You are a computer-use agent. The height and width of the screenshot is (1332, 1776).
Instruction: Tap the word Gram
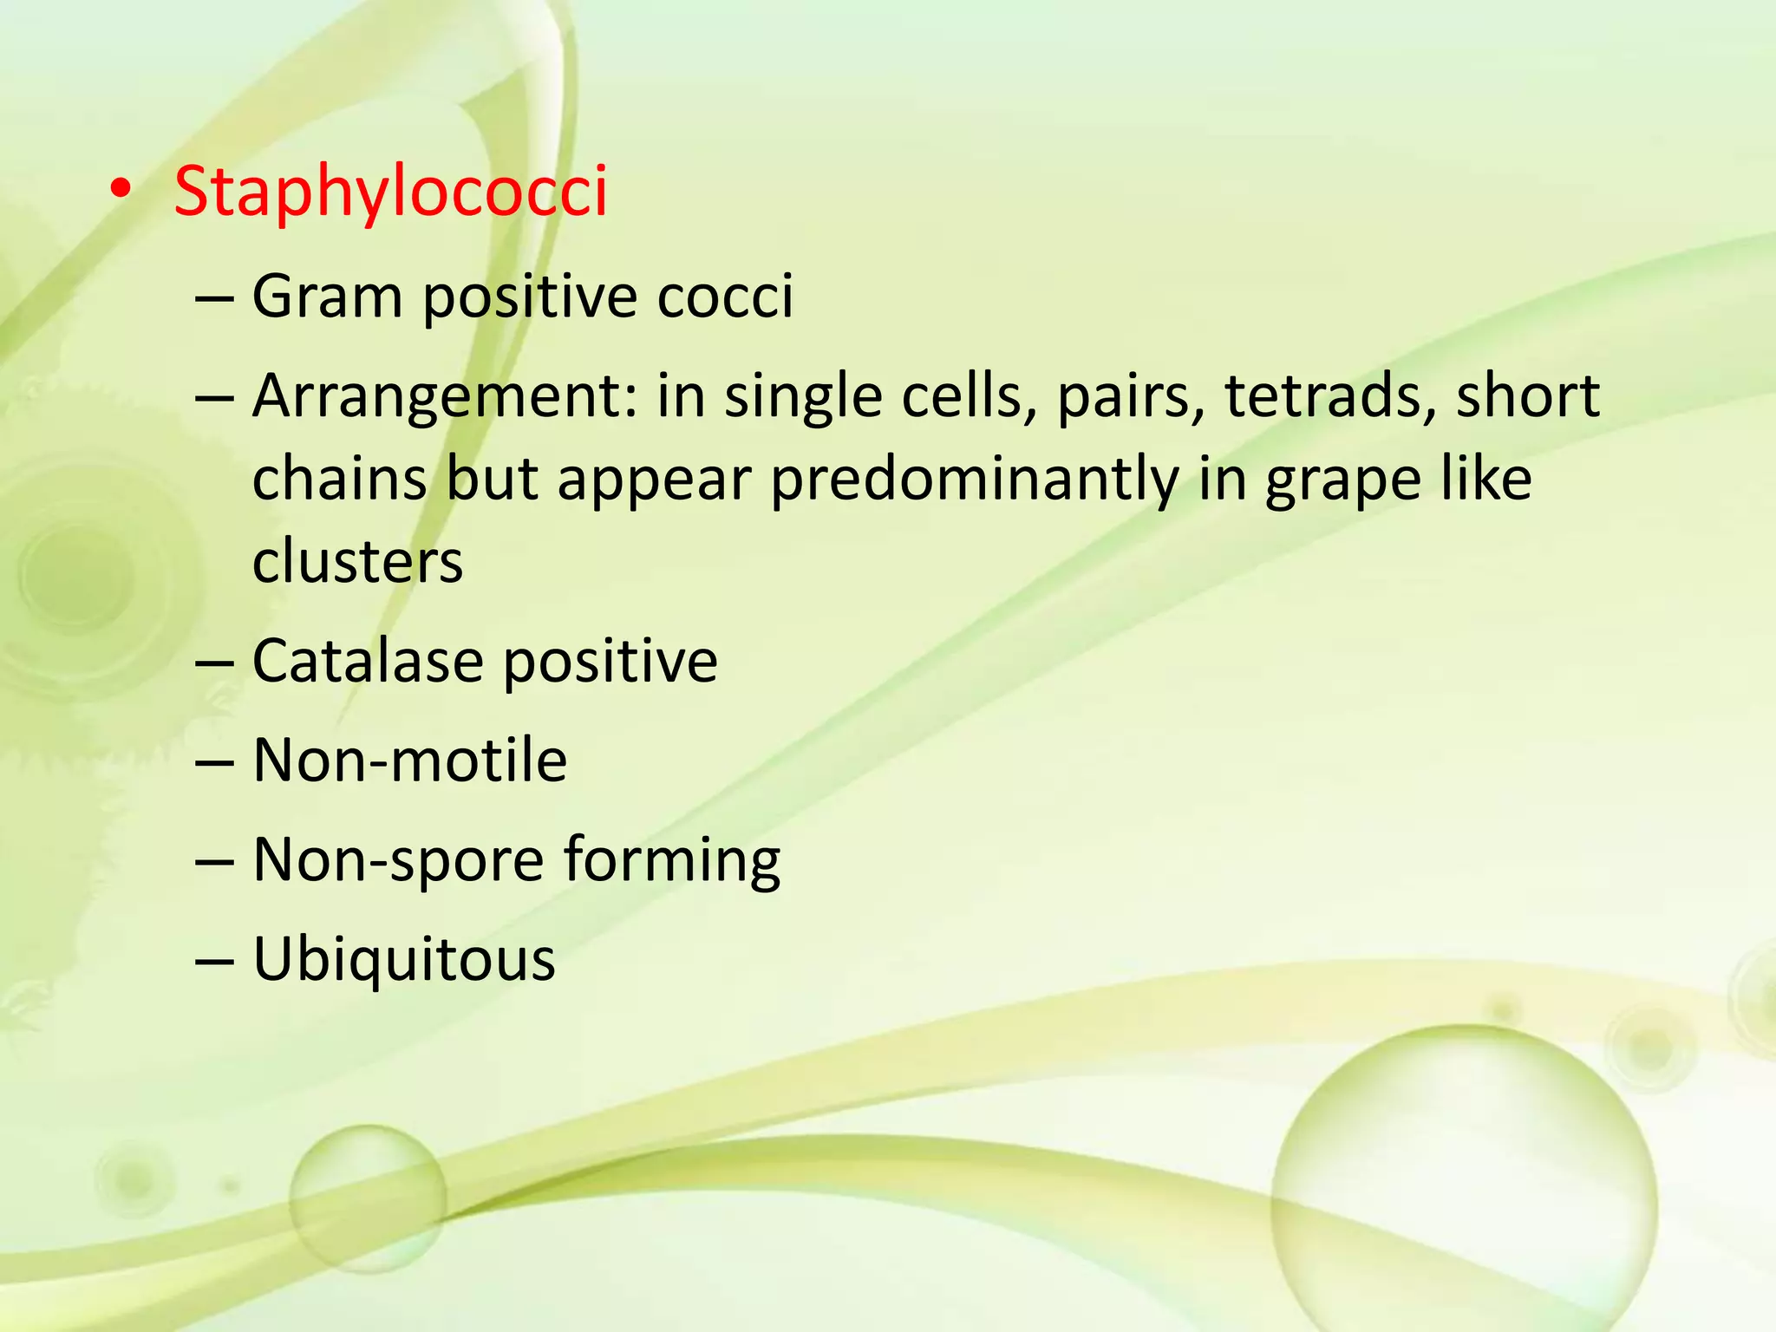[327, 297]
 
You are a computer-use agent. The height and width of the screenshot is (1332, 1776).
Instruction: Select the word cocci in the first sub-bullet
[724, 297]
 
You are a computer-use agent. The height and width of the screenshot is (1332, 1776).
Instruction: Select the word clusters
[357, 561]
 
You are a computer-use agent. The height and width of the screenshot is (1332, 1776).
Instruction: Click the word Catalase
[367, 661]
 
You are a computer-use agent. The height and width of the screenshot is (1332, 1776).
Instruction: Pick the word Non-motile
[409, 761]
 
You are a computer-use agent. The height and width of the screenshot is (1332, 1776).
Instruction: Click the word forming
[672, 861]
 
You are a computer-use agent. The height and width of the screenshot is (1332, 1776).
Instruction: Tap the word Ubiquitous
[403, 960]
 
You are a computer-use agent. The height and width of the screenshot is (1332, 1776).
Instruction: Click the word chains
[340, 480]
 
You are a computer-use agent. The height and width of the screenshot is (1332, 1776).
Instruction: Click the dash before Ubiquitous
[214, 961]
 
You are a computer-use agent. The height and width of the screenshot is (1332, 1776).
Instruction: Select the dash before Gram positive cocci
[214, 297]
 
